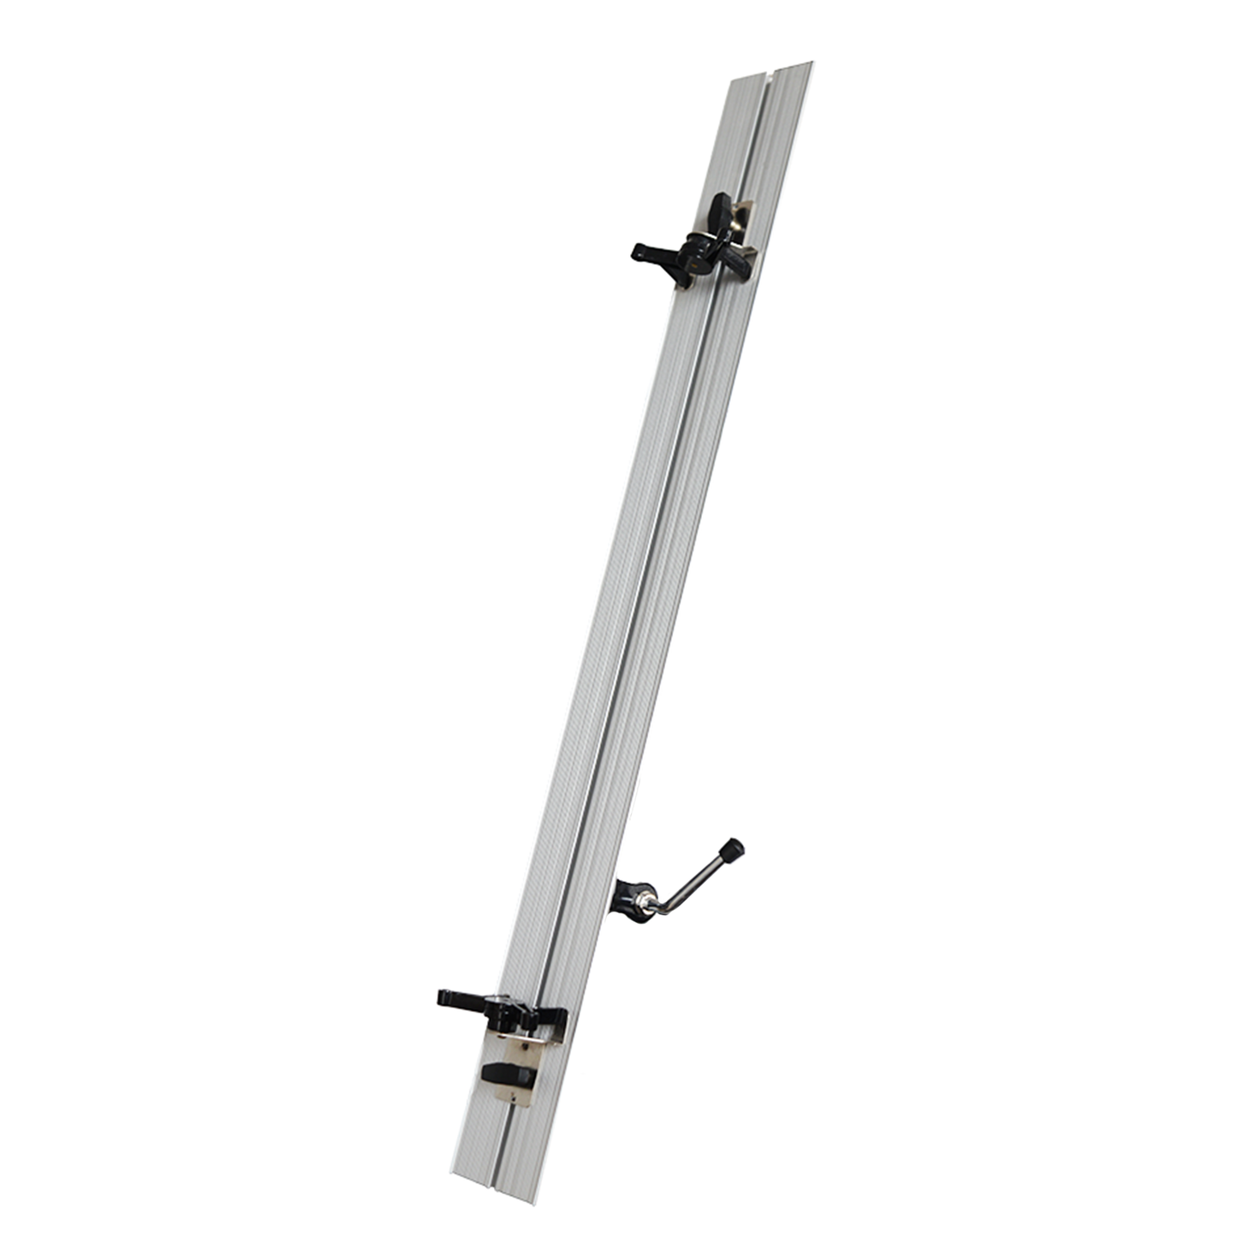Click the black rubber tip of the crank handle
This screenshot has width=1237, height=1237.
coord(732,850)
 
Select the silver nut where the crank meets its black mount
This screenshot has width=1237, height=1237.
coord(648,902)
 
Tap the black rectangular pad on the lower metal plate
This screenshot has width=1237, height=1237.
coord(506,1073)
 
